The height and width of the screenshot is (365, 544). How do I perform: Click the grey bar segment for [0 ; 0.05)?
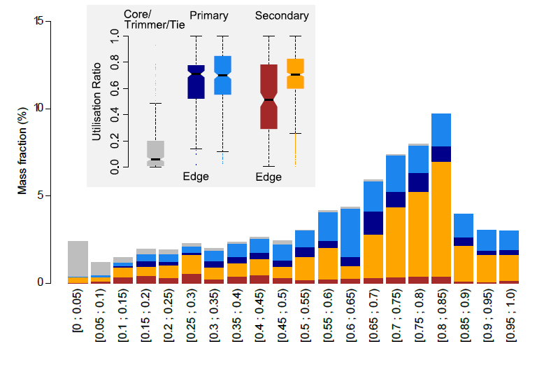(x=78, y=259)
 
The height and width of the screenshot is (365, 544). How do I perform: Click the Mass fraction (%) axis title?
(x=22, y=151)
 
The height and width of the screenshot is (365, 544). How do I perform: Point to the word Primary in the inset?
(x=208, y=15)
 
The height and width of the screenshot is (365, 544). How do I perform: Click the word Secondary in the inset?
(x=282, y=15)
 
